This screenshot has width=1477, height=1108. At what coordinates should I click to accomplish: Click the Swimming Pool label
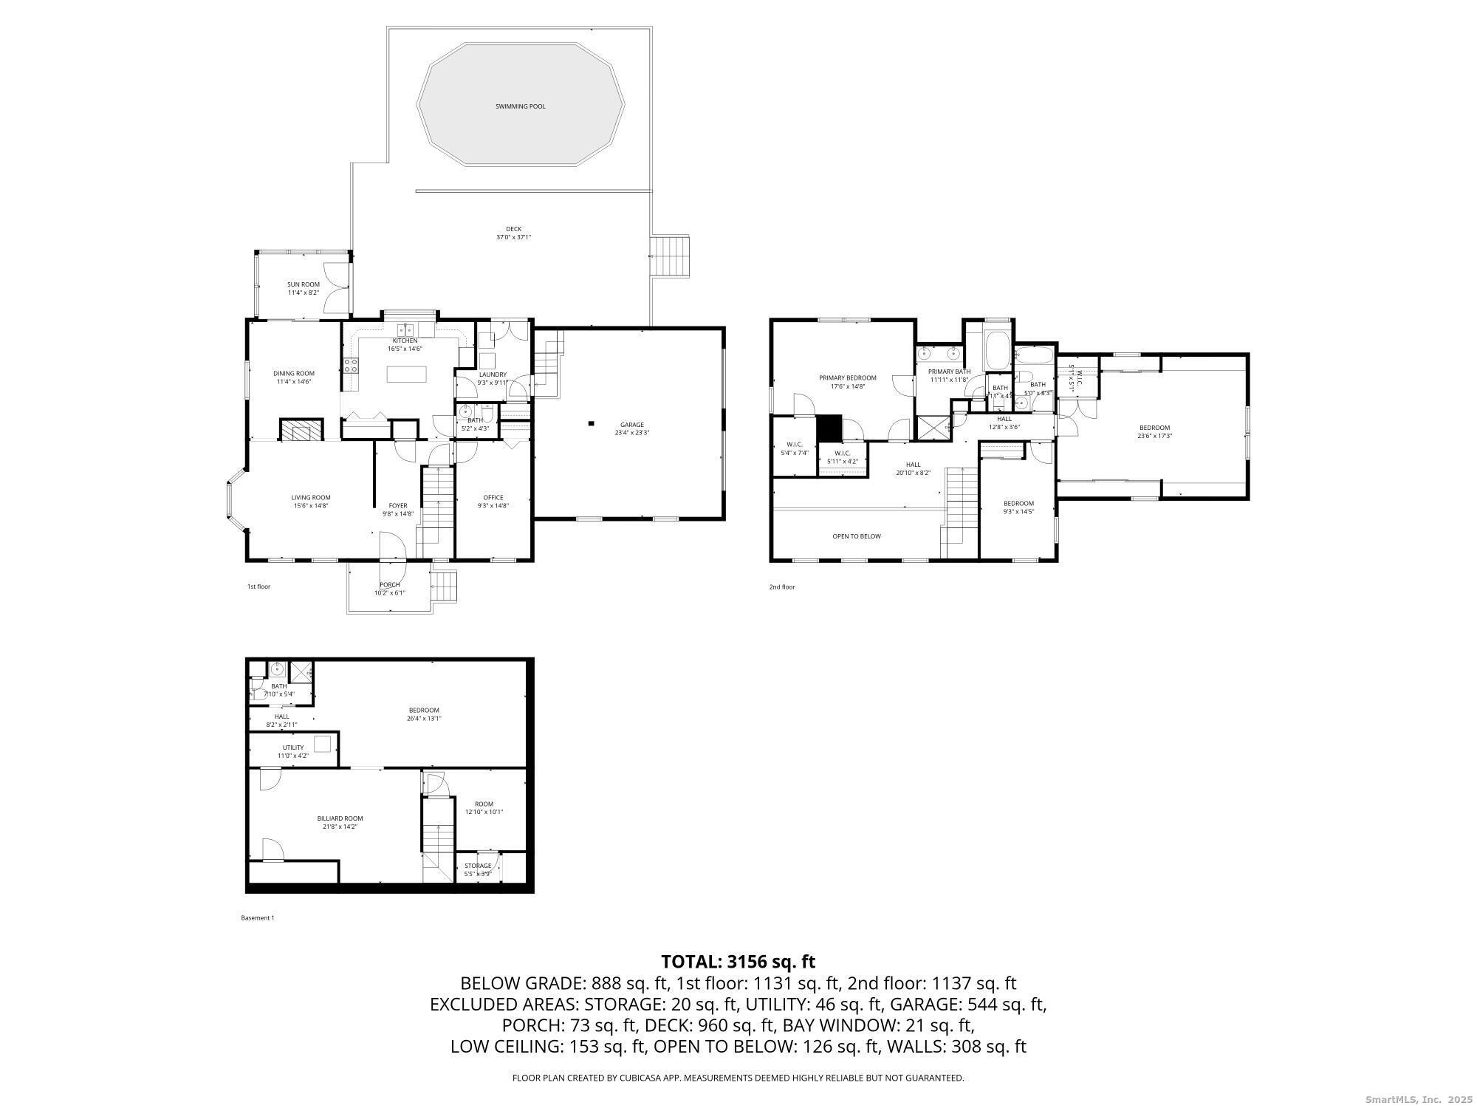tap(520, 106)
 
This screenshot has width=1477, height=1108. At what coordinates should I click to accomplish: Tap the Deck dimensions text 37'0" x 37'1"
tap(513, 237)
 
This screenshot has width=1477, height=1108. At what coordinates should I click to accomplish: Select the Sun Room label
tap(304, 284)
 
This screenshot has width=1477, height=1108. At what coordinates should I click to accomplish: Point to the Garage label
tap(631, 425)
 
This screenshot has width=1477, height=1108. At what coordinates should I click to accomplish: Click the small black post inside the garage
tap(591, 423)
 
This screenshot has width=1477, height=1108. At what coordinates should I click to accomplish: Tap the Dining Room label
tap(294, 374)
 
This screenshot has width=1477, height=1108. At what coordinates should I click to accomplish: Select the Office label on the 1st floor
tap(493, 497)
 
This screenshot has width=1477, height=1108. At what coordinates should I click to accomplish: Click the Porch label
tap(389, 585)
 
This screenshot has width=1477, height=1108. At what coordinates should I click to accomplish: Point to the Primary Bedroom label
tap(847, 378)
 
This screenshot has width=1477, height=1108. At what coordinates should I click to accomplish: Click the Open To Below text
tap(856, 536)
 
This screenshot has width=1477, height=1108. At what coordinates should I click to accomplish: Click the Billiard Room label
tap(340, 818)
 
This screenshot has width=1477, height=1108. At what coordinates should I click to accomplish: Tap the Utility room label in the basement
tap(292, 748)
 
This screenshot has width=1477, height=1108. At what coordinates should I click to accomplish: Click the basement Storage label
tap(478, 866)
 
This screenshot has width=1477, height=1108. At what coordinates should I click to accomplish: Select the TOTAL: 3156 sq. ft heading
tap(738, 962)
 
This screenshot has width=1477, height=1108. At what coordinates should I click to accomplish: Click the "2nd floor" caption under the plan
tap(782, 587)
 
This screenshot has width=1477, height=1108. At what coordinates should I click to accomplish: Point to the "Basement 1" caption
tap(257, 918)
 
